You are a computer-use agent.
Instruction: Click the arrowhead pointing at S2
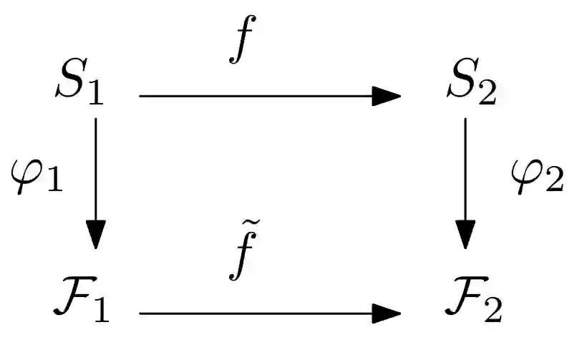(387, 96)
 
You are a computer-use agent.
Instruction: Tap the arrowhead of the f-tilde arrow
(387, 313)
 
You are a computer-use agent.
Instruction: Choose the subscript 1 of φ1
(54, 183)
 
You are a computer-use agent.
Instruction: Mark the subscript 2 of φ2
(555, 183)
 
